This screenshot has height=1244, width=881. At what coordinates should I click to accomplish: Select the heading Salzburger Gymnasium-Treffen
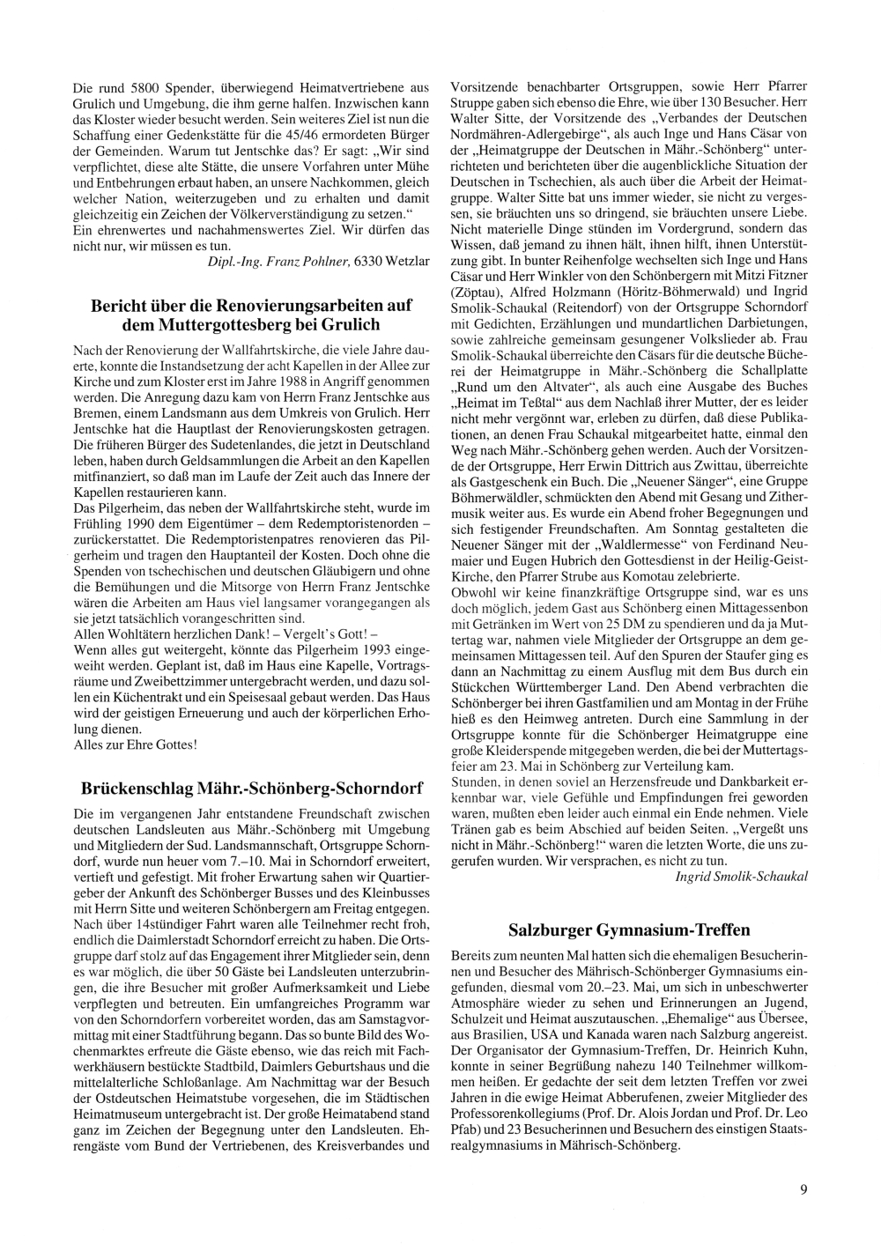click(629, 929)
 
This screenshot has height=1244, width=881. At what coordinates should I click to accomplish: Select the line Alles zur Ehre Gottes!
click(135, 744)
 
